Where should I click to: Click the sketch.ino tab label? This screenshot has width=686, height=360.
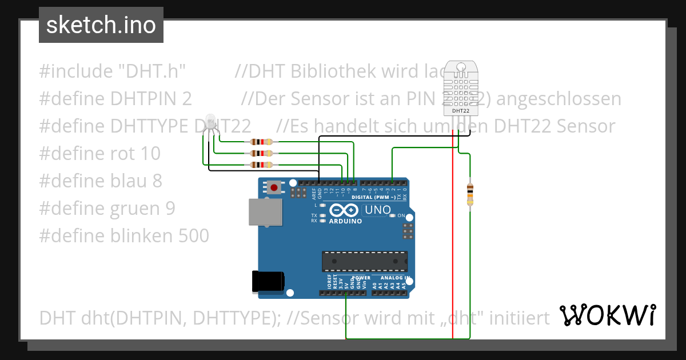click(101, 25)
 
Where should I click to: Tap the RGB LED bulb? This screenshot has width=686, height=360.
click(210, 122)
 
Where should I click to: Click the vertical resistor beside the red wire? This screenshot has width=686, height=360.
click(470, 194)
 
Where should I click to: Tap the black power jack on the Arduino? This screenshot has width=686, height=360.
click(268, 281)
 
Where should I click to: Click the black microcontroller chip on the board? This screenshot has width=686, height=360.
click(364, 260)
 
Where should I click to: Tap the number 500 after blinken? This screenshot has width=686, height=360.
click(194, 235)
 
